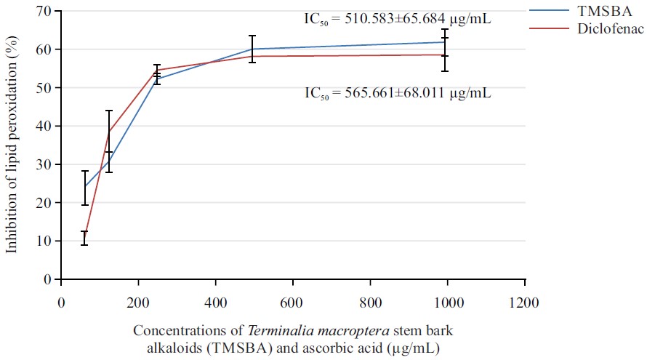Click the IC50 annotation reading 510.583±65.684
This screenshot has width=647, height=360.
(397, 20)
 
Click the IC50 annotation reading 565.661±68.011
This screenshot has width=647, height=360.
(397, 94)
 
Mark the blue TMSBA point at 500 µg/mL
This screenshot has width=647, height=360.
(252, 49)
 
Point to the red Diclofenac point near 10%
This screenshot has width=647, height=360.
(84, 238)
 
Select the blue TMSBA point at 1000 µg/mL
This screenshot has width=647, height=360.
(445, 42)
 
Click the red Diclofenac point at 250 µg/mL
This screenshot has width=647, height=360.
(158, 70)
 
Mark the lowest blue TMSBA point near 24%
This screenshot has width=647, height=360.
(84, 187)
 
